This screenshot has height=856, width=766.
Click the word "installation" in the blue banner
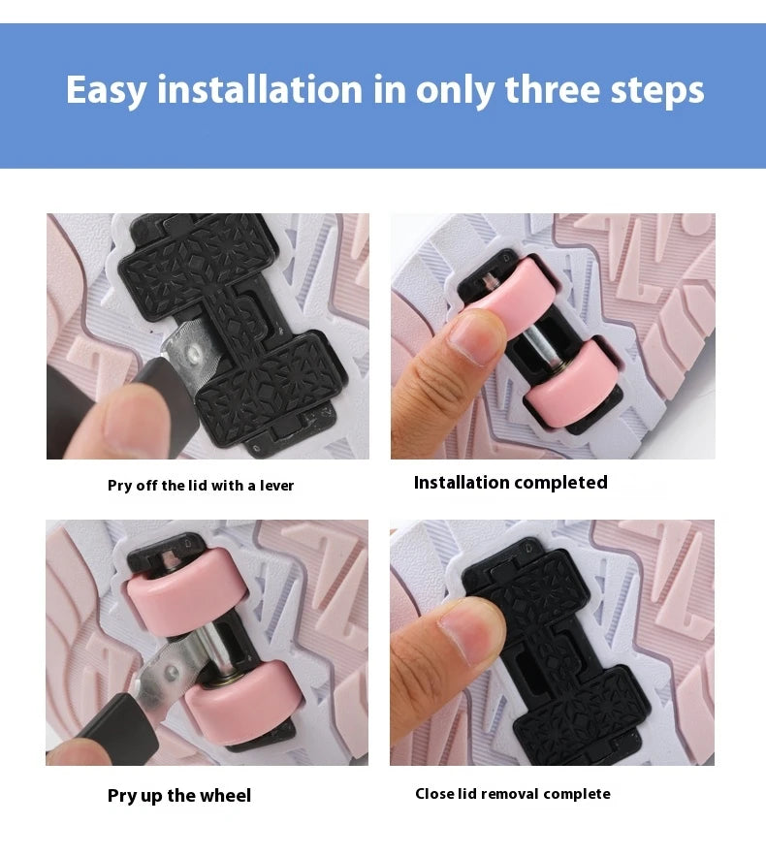pos(260,89)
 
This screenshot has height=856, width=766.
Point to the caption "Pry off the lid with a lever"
pos(201,486)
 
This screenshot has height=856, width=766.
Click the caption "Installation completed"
pos(510,483)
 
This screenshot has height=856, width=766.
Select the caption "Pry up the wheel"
pos(179,795)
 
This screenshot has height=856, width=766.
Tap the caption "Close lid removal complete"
pos(513,794)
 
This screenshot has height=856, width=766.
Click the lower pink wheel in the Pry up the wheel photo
pos(239,704)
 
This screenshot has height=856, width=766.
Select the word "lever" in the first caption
pos(276,486)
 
